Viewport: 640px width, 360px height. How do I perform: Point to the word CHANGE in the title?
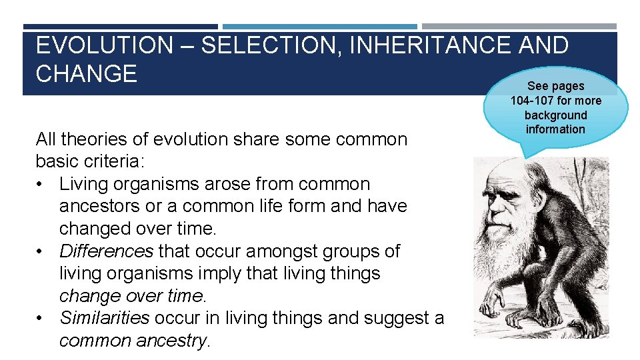pos(86,73)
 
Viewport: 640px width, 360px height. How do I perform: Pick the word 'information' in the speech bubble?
pos(555,129)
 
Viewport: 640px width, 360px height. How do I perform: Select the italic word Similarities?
pos(104,318)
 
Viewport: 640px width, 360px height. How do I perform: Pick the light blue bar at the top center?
pos(319,27)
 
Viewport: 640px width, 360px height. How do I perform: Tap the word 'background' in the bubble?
pos(555,115)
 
